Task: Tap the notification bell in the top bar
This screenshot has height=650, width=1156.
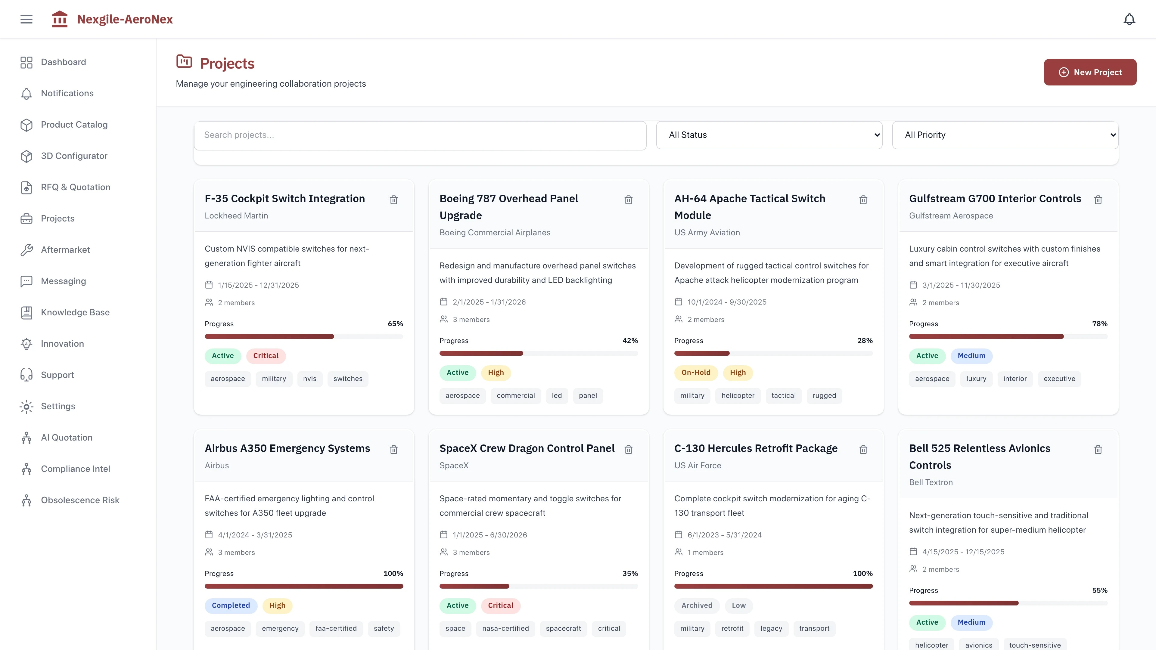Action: point(1129,19)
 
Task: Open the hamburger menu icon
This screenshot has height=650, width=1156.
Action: point(26,19)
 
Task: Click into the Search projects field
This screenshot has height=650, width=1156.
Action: point(420,135)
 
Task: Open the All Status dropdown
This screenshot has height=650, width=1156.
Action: point(769,135)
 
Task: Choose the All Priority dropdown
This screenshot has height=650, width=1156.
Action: point(1005,135)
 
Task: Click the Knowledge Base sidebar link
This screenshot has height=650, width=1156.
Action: point(75,312)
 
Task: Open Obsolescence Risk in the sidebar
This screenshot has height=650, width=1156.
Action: point(80,500)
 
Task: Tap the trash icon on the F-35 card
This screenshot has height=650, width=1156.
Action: point(393,200)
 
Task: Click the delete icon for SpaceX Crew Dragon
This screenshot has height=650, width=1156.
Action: point(628,450)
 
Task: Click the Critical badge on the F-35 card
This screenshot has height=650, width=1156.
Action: point(266,356)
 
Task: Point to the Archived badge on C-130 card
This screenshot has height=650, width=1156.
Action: point(697,605)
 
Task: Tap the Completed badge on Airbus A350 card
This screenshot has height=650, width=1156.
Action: point(231,605)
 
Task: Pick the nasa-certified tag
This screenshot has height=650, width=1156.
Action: point(505,628)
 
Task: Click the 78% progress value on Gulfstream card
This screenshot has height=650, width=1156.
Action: point(1099,324)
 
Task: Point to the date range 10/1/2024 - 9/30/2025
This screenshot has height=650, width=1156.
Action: point(726,302)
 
